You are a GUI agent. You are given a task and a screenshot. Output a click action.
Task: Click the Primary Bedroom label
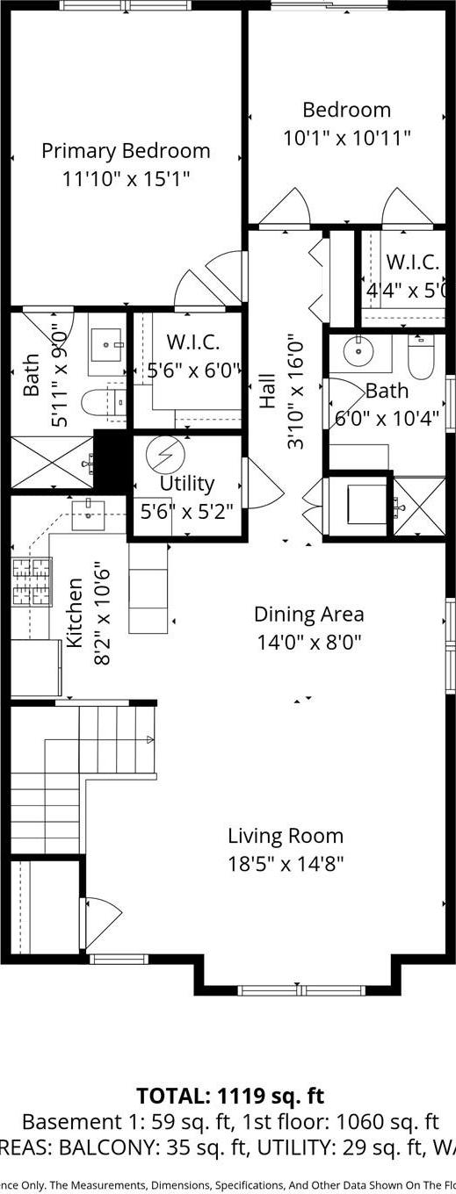pos(126,150)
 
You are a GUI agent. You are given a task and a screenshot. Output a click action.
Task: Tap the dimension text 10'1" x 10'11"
pos(346,138)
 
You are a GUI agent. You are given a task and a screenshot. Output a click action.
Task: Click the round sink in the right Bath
pos(360,351)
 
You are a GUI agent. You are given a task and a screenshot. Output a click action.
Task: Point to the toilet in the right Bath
pos(421,359)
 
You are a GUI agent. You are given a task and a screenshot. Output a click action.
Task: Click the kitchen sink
pos(88,509)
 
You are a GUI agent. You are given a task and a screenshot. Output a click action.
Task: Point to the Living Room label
pos(286,836)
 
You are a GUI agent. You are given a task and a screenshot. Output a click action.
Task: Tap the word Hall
pos(267,391)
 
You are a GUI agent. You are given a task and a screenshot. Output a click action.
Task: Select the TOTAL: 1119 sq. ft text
pos(230,1096)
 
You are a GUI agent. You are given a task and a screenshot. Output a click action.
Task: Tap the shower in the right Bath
pos(419,507)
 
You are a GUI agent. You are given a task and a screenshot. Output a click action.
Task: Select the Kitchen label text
pos(76,612)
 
